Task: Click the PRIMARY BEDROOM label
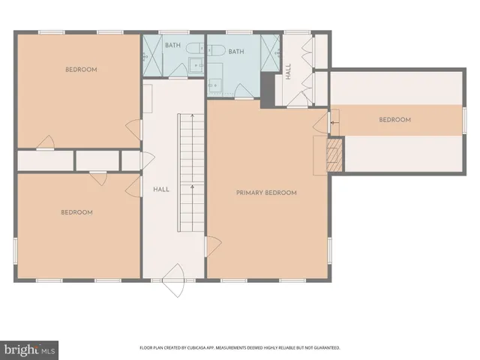pos(266,193)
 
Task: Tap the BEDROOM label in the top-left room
pos(81,70)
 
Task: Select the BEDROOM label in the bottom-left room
pos(76,212)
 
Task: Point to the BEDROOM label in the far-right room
pos(394,120)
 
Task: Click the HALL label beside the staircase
pos(160,190)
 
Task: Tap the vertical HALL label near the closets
pos(289,72)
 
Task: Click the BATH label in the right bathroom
pos(236,52)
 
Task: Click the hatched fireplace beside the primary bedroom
pos(334,155)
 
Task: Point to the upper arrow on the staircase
pos(192,117)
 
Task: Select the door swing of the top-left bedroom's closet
pos(46,142)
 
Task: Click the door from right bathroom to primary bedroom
pos(244,92)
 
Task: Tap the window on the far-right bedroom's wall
pos(464,120)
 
